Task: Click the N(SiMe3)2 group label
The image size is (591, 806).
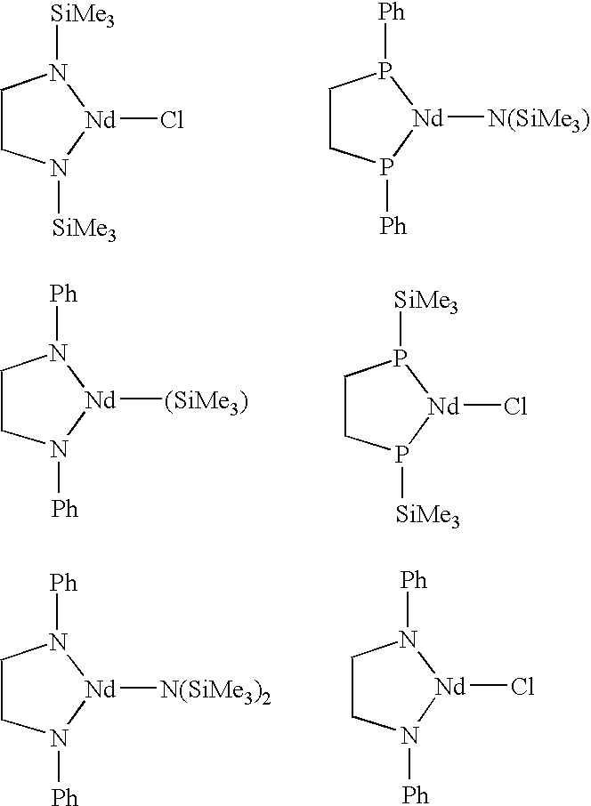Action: coord(215,691)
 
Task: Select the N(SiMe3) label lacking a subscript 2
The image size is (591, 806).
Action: coord(538,120)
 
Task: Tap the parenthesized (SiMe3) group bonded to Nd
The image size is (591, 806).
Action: coord(206,401)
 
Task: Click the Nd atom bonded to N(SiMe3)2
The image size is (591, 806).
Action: coord(101,689)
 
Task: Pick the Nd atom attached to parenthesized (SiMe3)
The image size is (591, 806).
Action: coord(101,400)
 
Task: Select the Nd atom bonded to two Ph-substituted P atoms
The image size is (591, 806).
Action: coord(428,119)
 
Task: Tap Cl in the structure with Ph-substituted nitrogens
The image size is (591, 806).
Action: coord(522,687)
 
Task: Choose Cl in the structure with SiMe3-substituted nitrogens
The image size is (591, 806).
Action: coord(172,121)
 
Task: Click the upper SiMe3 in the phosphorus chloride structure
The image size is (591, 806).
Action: coord(425,302)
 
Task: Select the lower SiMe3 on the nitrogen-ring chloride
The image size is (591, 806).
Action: coord(84,229)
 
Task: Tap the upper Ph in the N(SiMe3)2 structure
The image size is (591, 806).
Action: coord(63,584)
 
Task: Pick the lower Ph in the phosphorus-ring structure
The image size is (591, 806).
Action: coord(393,225)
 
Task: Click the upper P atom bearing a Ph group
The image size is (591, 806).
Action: coord(385,71)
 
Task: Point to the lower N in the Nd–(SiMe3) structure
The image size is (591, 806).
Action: coord(59,449)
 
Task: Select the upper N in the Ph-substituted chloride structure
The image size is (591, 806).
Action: coord(409,640)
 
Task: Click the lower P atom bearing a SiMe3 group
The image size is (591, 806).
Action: coord(401,454)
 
